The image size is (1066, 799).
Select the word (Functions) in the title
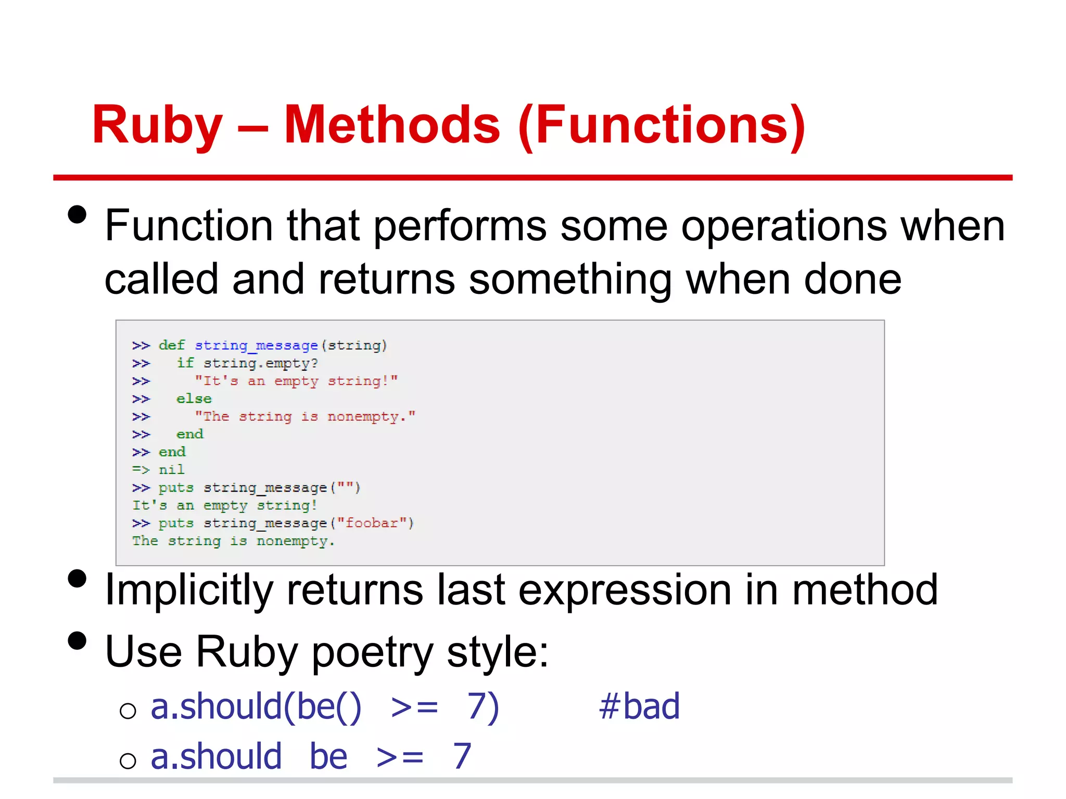[x=662, y=126]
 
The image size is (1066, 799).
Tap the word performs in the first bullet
[x=460, y=226]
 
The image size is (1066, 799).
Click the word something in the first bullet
[x=570, y=280]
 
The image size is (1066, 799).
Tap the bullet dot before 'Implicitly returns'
[x=77, y=578]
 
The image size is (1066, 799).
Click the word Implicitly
[x=189, y=591]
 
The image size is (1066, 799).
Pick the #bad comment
[x=639, y=707]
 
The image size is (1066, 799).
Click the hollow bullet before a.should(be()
[x=128, y=711]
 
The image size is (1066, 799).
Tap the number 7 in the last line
[x=462, y=756]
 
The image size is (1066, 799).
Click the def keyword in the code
[x=172, y=345]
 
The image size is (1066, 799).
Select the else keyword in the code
[x=194, y=399]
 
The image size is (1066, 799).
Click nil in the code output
[x=171, y=470]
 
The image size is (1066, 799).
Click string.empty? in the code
[x=260, y=364]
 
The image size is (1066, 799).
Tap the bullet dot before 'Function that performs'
[x=77, y=214]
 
